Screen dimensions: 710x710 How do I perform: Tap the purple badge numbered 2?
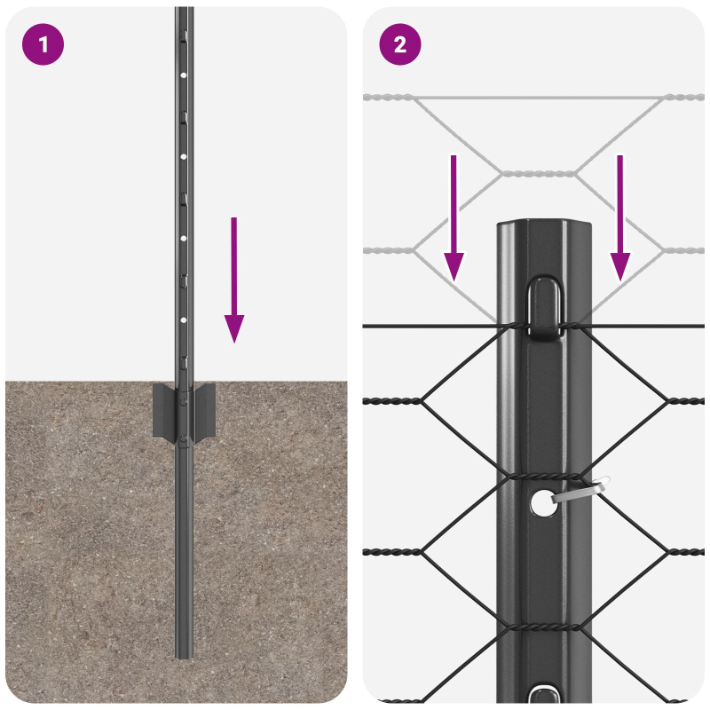point(400,43)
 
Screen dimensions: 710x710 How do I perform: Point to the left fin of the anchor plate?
point(163,410)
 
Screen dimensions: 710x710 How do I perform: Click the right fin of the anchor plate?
point(204,410)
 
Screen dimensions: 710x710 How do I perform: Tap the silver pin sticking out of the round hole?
point(581,490)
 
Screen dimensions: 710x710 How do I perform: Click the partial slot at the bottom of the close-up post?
point(541,693)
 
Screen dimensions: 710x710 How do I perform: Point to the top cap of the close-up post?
point(543,227)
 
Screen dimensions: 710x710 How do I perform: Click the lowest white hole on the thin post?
point(184,318)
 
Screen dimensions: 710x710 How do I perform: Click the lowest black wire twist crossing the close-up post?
point(541,627)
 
